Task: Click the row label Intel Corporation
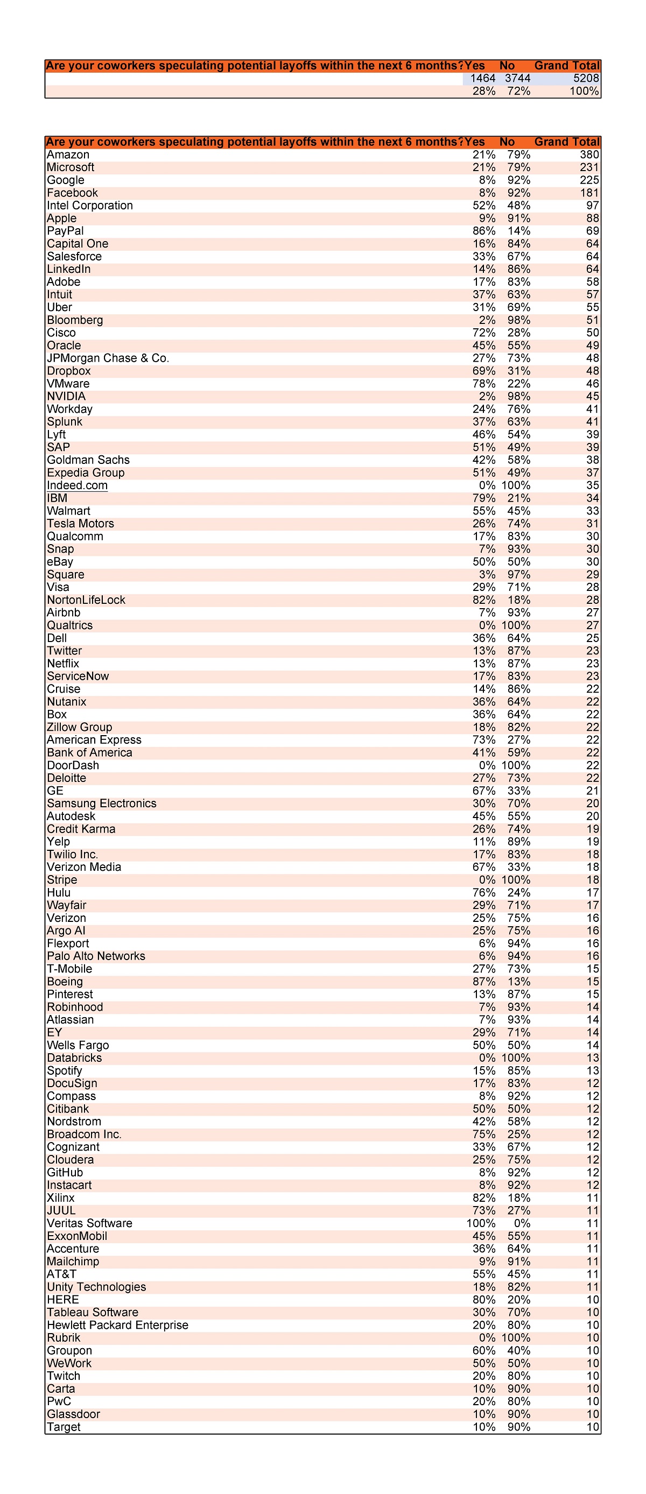(x=90, y=205)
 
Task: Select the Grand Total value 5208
(x=586, y=78)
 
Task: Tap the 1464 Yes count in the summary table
(x=482, y=78)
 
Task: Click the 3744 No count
(x=517, y=78)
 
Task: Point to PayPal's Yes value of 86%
(x=483, y=231)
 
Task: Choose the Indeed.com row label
(x=77, y=485)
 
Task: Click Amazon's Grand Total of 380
(x=589, y=155)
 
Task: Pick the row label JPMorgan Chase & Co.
(x=108, y=358)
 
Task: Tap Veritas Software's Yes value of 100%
(x=481, y=1223)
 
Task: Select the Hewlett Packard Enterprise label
(x=118, y=1325)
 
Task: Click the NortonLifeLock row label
(x=86, y=600)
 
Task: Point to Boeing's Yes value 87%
(x=483, y=981)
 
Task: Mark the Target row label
(x=64, y=1427)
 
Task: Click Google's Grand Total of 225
(x=589, y=180)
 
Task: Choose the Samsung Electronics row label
(x=102, y=804)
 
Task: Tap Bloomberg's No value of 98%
(x=518, y=320)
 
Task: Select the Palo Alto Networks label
(x=96, y=956)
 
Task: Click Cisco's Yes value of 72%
(x=483, y=333)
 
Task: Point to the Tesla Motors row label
(x=81, y=524)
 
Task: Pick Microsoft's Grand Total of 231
(x=589, y=167)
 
